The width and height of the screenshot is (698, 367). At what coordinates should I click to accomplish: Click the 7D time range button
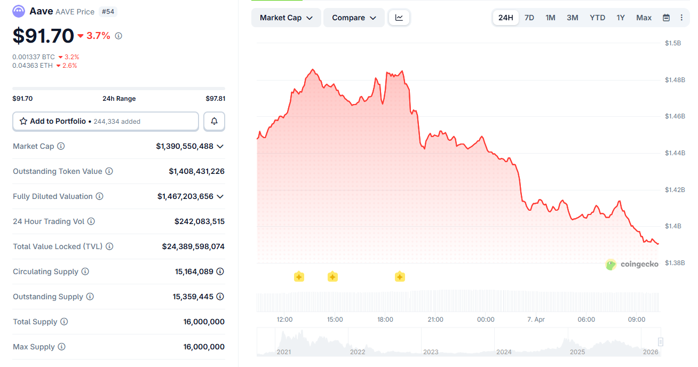(x=529, y=18)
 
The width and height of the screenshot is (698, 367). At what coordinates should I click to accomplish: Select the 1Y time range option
(x=621, y=18)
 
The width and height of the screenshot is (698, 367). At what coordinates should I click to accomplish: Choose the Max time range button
(x=644, y=18)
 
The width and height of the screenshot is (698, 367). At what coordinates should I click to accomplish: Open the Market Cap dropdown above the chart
(x=286, y=18)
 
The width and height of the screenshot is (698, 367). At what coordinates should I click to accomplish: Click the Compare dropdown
(x=354, y=18)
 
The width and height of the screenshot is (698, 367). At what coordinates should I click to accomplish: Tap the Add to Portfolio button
(x=106, y=122)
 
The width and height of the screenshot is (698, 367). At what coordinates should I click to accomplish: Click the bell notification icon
(x=214, y=122)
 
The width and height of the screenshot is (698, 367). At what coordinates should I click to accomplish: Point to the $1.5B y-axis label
(x=673, y=43)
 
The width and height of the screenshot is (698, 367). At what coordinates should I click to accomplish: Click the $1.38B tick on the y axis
(x=675, y=263)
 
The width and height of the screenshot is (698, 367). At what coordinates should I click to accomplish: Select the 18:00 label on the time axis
(x=385, y=320)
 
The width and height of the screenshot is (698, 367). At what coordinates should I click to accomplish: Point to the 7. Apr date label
(x=536, y=320)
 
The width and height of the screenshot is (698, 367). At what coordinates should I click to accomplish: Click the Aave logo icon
(x=19, y=11)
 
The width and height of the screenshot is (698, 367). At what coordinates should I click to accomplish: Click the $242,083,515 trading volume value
(x=199, y=221)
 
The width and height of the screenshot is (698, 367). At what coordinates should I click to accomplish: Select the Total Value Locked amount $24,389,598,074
(x=193, y=246)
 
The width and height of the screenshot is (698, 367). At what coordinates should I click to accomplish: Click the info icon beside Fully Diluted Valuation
(x=99, y=196)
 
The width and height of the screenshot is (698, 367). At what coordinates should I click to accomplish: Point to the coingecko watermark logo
(x=632, y=264)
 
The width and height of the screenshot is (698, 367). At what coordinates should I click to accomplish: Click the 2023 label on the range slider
(x=430, y=352)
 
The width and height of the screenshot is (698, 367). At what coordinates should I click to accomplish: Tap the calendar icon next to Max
(x=666, y=18)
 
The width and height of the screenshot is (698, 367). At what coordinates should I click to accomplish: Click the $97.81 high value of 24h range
(x=215, y=99)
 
